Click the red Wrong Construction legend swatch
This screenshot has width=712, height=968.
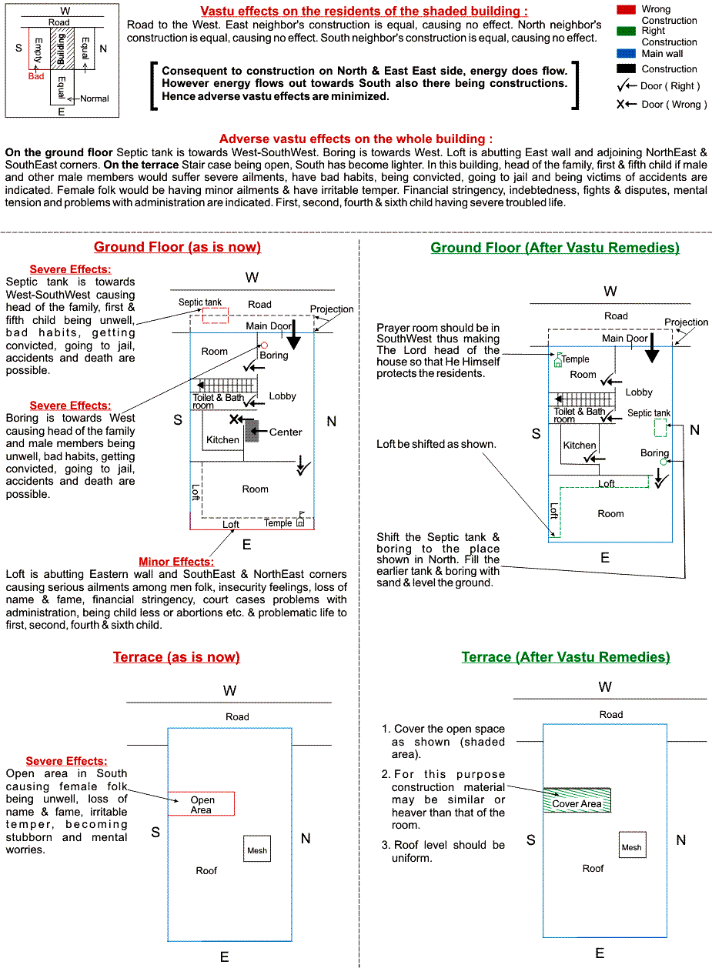(627, 8)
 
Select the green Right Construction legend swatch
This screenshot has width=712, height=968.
(627, 31)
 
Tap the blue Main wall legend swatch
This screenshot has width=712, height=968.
(627, 53)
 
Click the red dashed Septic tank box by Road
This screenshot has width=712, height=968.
(216, 315)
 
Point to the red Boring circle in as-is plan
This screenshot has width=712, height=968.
(264, 345)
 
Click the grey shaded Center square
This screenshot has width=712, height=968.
(252, 432)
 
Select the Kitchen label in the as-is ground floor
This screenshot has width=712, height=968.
(222, 440)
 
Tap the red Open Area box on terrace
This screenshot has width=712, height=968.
(201, 804)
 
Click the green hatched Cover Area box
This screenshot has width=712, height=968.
(577, 800)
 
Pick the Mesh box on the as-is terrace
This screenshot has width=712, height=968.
(257, 850)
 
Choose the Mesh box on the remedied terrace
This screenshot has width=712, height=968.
(632, 846)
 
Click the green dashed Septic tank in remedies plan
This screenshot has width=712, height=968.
(660, 429)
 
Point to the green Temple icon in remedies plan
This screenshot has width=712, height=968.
(557, 359)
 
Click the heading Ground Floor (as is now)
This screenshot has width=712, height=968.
(177, 247)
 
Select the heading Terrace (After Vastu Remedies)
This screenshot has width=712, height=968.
(566, 657)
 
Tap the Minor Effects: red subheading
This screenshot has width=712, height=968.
(176, 562)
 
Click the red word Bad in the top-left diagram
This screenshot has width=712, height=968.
(36, 76)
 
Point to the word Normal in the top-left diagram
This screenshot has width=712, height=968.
(94, 98)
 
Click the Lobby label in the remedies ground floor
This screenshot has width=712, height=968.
(639, 392)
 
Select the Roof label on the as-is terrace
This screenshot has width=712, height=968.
(206, 871)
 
